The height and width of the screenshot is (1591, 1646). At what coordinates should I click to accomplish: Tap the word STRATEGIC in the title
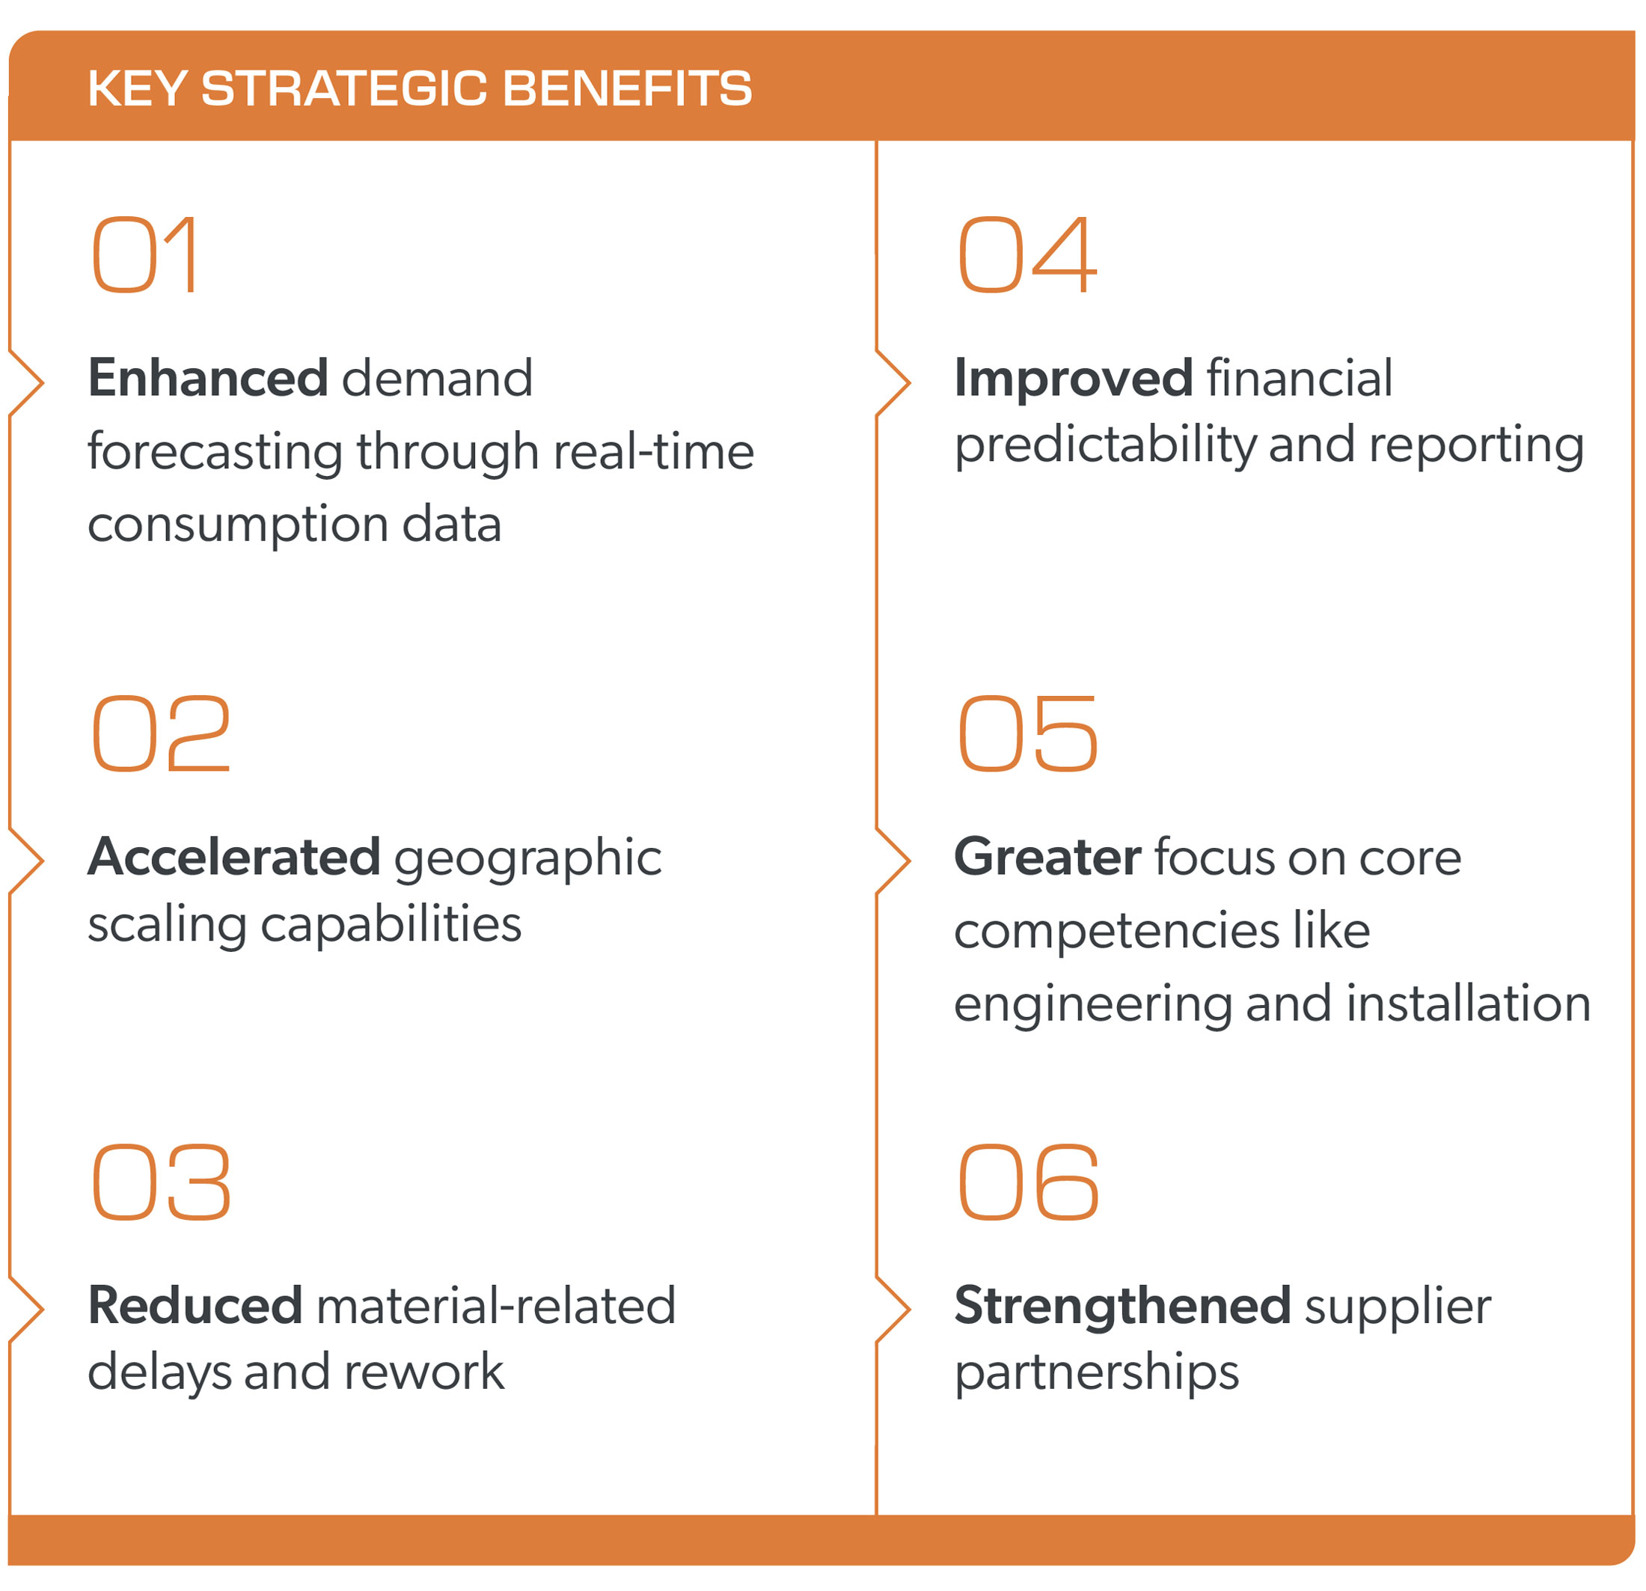344,88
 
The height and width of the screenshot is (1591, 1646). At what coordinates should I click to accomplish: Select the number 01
144,254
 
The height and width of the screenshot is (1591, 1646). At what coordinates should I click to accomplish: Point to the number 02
160,733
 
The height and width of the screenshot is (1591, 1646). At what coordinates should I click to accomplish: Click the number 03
160,1182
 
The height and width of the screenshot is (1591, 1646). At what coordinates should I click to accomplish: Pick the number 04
1027,254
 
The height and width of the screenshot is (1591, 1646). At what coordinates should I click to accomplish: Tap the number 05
1027,733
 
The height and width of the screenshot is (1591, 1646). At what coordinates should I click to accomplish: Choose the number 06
1027,1182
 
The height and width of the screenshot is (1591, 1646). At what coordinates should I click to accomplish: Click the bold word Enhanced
207,378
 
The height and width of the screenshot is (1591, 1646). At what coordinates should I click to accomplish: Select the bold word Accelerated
234,857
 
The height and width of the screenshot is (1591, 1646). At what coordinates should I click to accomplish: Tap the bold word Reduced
195,1305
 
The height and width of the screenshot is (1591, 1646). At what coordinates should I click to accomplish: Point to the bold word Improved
1073,378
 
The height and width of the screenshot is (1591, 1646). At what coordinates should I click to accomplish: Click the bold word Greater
1047,857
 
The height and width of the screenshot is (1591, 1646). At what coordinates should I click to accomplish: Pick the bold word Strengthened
1122,1305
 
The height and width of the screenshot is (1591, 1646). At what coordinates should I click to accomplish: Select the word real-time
654,452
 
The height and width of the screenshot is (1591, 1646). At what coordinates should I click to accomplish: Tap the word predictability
1105,445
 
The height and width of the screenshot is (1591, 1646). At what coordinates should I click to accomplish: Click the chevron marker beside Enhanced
27,383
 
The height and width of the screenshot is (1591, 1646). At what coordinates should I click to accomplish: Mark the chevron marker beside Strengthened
893,1310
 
